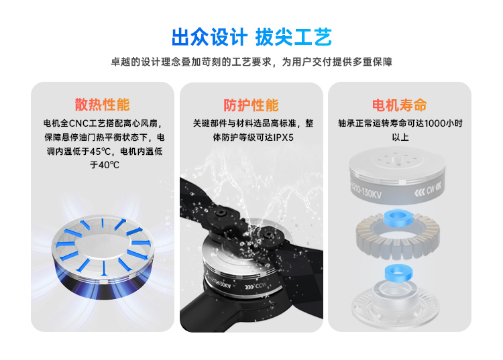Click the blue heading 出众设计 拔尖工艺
pyautogui.click(x=251, y=37)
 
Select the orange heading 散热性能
pyautogui.click(x=103, y=105)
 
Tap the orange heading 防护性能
pyautogui.click(x=251, y=105)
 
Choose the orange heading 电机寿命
pyautogui.click(x=400, y=105)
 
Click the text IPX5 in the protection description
pyautogui.click(x=283, y=137)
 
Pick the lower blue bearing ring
pyautogui.click(x=399, y=273)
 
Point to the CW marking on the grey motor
pyautogui.click(x=431, y=190)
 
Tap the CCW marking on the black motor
pyautogui.click(x=260, y=285)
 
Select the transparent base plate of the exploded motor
pyautogui.click(x=395, y=304)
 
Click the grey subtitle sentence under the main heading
pyautogui.click(x=251, y=62)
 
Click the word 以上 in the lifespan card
pyautogui.click(x=400, y=137)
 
